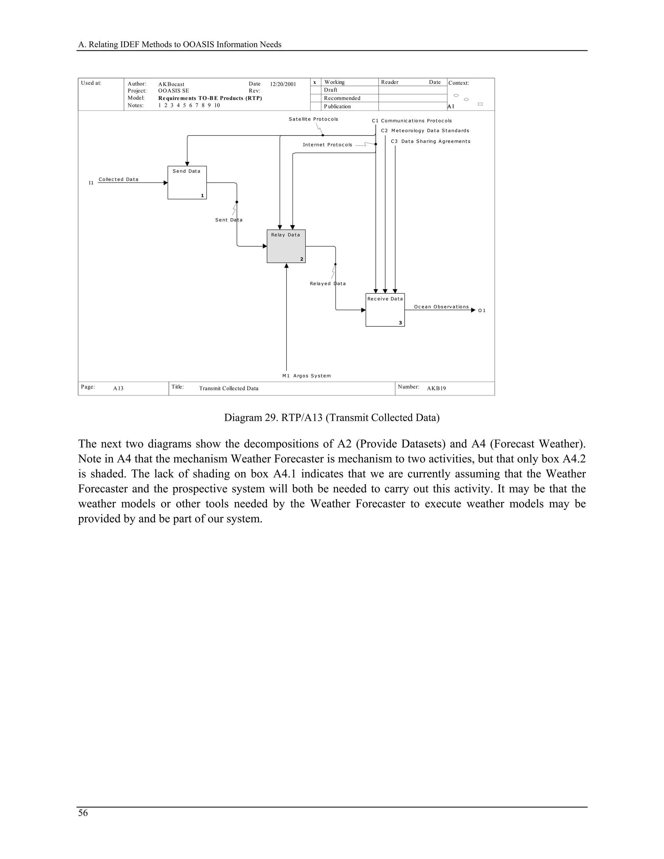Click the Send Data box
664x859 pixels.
187,182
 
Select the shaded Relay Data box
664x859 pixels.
286,246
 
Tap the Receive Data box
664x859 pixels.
385,310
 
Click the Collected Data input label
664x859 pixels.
118,179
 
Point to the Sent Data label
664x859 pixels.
229,220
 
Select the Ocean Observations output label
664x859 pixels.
441,307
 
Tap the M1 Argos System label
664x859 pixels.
306,376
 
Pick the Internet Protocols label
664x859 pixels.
327,145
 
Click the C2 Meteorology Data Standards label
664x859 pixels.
425,131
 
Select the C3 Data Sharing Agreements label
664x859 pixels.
430,141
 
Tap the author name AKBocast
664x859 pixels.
171,84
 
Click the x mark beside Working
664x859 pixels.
315,82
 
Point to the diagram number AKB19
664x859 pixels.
436,388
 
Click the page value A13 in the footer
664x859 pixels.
118,388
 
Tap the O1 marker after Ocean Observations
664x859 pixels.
482,310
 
